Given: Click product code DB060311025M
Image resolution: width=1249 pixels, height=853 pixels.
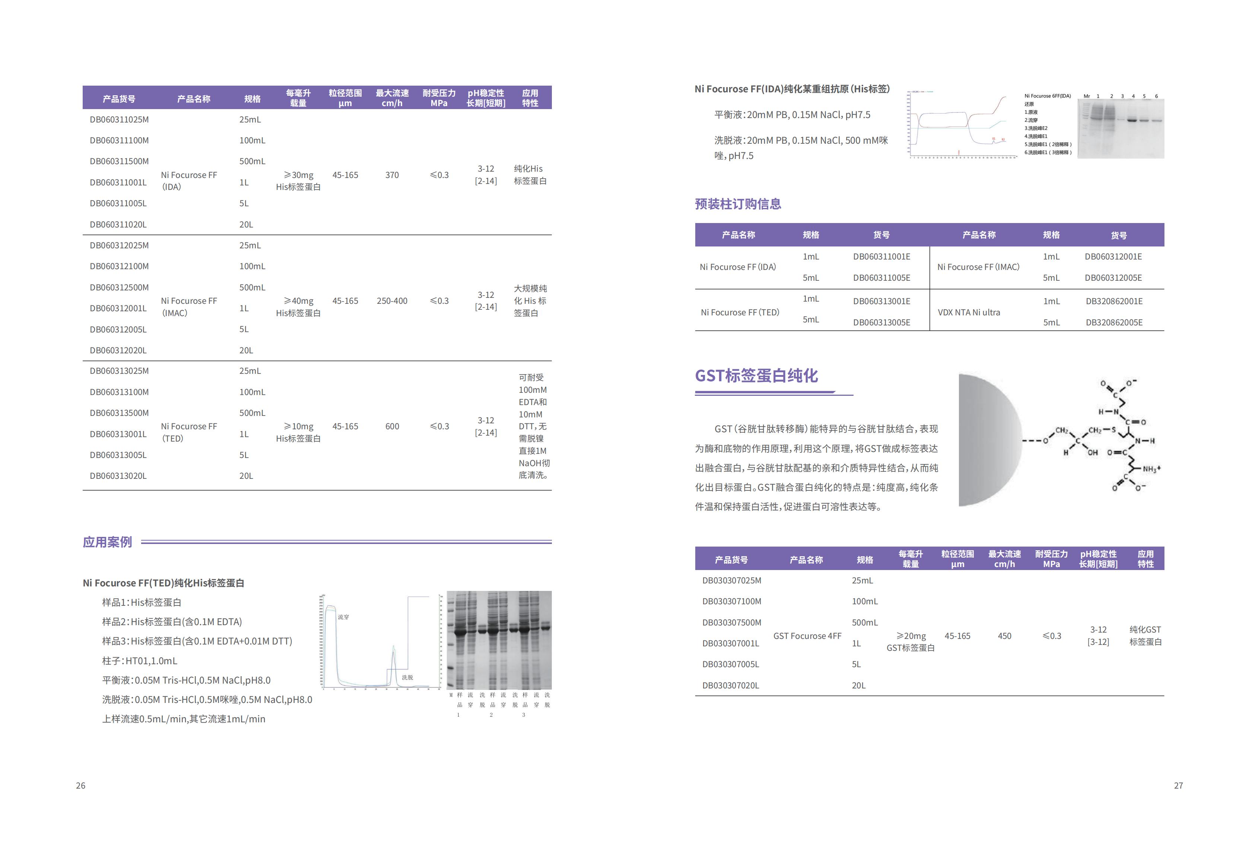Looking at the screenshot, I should [119, 119].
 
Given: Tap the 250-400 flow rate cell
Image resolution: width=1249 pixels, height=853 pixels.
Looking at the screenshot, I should [392, 301].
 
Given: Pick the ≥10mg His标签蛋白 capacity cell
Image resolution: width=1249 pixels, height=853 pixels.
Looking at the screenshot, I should [298, 432].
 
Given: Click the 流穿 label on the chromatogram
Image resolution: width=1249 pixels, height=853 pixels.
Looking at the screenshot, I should [343, 617].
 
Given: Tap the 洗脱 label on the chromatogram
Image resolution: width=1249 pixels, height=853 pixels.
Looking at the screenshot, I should [407, 678].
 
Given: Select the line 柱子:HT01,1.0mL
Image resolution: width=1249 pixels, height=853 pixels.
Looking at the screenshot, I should [140, 661].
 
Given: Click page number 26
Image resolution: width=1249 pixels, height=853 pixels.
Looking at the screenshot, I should [80, 785].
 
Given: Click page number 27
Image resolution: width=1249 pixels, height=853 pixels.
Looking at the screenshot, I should [1178, 785].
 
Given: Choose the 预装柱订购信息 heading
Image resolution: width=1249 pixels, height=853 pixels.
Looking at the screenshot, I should [738, 204].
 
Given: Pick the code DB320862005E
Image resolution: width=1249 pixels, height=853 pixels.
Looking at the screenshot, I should [1113, 322].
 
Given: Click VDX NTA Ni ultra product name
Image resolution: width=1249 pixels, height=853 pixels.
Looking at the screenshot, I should [969, 312].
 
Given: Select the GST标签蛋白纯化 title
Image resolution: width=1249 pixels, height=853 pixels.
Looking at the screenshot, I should [756, 375].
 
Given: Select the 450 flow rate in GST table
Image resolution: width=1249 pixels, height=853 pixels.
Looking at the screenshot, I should [1004, 636].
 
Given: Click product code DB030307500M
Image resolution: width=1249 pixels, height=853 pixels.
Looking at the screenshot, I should [731, 623].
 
